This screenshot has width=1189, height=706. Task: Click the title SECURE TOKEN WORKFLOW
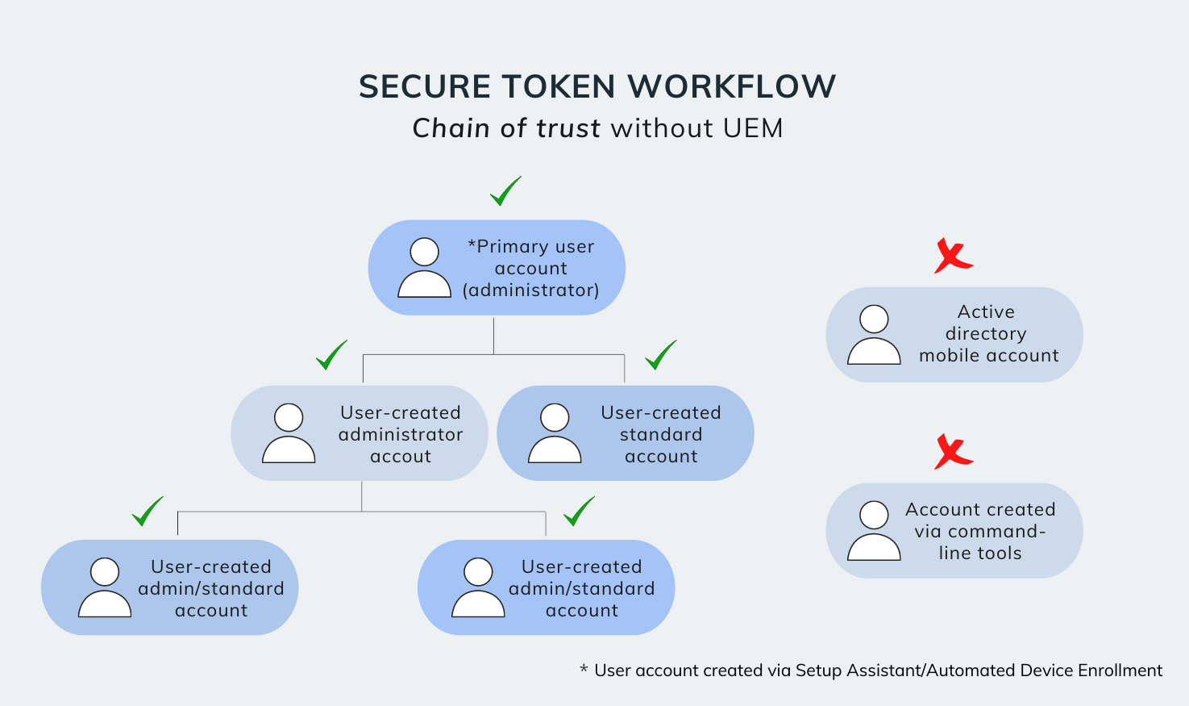597,86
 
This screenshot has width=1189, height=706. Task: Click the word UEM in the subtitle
753,128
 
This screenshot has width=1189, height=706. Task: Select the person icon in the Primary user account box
424,269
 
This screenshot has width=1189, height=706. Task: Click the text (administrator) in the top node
530,290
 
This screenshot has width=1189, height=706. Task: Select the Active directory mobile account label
987,334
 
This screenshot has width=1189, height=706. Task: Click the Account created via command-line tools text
980,531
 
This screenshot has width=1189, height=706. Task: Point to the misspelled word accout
401,457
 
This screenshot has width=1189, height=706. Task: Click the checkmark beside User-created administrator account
331,355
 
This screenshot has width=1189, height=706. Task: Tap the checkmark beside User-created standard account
660,355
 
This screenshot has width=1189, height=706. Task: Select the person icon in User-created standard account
555,434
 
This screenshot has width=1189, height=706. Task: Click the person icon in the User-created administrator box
289,434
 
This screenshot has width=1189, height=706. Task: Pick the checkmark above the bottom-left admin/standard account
147,512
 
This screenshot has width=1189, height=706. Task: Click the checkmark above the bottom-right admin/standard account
578,512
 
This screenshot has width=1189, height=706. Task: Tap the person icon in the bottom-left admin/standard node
105,588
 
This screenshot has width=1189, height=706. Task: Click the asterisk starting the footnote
584,669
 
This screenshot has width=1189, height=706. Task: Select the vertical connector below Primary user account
493,335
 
